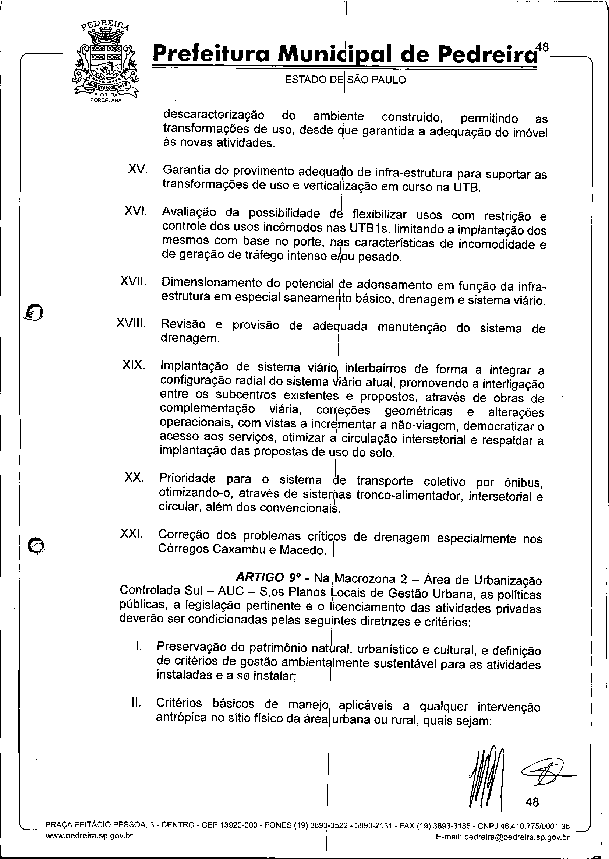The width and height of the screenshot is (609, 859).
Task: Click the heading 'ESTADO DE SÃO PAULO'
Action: coord(346,80)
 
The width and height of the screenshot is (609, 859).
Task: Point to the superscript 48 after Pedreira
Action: coord(542,47)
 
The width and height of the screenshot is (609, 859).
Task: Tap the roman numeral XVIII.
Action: coord(131,323)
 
